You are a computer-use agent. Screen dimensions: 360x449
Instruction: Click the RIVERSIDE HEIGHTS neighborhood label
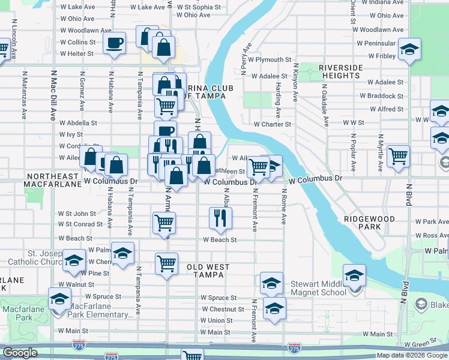340,71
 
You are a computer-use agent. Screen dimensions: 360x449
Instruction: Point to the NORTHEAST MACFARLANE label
53,180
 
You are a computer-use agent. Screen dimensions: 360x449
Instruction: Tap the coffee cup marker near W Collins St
115,44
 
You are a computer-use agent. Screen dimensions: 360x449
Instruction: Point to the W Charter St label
272,124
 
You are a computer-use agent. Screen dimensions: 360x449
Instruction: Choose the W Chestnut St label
222,310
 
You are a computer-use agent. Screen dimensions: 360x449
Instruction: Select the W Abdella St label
78,122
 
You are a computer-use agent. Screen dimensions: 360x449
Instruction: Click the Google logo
20,353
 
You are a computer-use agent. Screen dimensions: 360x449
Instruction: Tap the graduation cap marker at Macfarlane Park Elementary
60,299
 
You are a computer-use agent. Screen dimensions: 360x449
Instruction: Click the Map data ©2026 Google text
412,355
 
